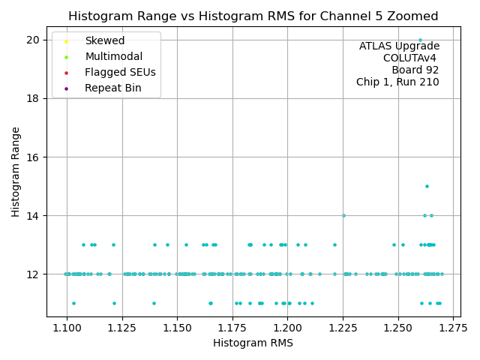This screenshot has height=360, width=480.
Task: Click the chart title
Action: pos(253,16)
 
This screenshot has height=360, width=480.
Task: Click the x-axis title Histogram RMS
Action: pos(253,343)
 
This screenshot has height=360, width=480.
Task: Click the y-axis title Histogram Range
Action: pos(16,172)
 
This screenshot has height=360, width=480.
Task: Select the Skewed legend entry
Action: pos(105,40)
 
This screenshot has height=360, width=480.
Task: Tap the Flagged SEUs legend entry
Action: pos(120,73)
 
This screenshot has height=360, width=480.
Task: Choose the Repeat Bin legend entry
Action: pos(112,88)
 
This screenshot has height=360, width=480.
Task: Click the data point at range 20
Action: pos(420,40)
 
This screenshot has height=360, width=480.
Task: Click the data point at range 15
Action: pos(427,186)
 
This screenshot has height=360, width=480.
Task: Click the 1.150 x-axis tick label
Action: pos(177,328)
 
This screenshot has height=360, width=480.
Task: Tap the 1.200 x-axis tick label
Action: pos(287,328)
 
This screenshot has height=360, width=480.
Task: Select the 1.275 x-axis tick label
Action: pos(452,328)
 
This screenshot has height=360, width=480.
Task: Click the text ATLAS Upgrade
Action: pos(399,46)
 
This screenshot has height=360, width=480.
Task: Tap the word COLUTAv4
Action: pos(411,58)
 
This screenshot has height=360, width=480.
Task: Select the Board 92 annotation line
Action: pos(415,70)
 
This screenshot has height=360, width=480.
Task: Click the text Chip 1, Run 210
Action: pos(397,82)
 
